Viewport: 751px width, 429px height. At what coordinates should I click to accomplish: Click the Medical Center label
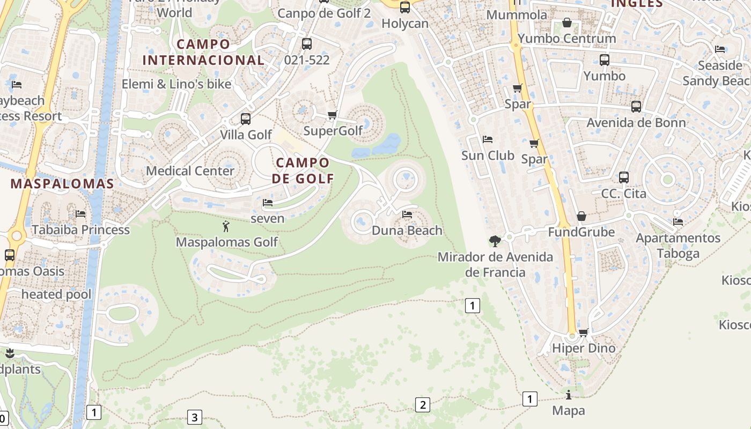point(190,171)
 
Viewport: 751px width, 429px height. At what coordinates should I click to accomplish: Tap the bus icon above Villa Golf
point(246,119)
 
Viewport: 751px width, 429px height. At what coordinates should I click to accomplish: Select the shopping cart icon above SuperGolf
point(333,115)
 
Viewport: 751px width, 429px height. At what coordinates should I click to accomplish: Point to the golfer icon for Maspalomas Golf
point(226,226)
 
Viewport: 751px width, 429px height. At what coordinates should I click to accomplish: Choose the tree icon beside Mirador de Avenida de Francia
point(495,241)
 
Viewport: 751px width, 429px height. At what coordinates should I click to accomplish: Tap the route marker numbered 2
point(422,405)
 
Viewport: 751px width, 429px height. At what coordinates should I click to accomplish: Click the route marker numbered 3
point(194,417)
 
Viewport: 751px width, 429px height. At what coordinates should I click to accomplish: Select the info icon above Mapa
point(569,395)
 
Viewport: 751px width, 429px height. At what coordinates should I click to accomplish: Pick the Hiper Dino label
point(584,348)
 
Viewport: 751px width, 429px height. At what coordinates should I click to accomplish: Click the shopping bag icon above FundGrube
point(581,216)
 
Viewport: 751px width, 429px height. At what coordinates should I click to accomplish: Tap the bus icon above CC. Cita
point(623,177)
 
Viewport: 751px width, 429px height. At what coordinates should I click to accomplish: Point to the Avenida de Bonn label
point(636,123)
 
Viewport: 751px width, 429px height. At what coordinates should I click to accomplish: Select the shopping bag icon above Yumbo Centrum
point(566,23)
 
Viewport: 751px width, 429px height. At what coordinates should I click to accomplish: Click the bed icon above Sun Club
point(488,139)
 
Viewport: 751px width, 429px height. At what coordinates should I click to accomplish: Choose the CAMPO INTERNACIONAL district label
point(203,52)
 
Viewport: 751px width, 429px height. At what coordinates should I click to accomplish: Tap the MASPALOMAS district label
point(62,184)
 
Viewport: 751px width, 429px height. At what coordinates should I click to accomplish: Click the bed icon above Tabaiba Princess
point(80,213)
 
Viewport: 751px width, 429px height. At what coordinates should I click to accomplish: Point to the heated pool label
point(56,294)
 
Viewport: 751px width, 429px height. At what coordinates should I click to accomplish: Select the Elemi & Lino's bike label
point(176,84)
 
